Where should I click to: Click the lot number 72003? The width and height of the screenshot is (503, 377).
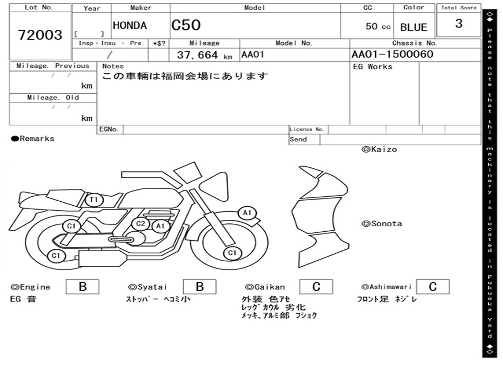pyautogui.click(x=40, y=35)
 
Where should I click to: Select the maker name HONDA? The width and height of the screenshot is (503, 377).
pyautogui.click(x=130, y=26)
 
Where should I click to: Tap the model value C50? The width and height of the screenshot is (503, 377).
pyautogui.click(x=186, y=25)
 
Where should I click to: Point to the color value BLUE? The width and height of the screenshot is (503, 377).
pyautogui.click(x=414, y=27)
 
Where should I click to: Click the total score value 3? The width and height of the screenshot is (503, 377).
pyautogui.click(x=459, y=24)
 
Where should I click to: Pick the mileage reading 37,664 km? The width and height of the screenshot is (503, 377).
pyautogui.click(x=204, y=55)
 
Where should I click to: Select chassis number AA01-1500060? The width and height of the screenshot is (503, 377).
pyautogui.click(x=392, y=54)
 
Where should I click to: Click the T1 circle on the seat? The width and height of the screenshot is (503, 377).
pyautogui.click(x=94, y=200)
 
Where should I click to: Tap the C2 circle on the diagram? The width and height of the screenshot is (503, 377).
pyautogui.click(x=141, y=224)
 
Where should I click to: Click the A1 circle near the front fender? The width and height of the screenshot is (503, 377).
pyautogui.click(x=247, y=213)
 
